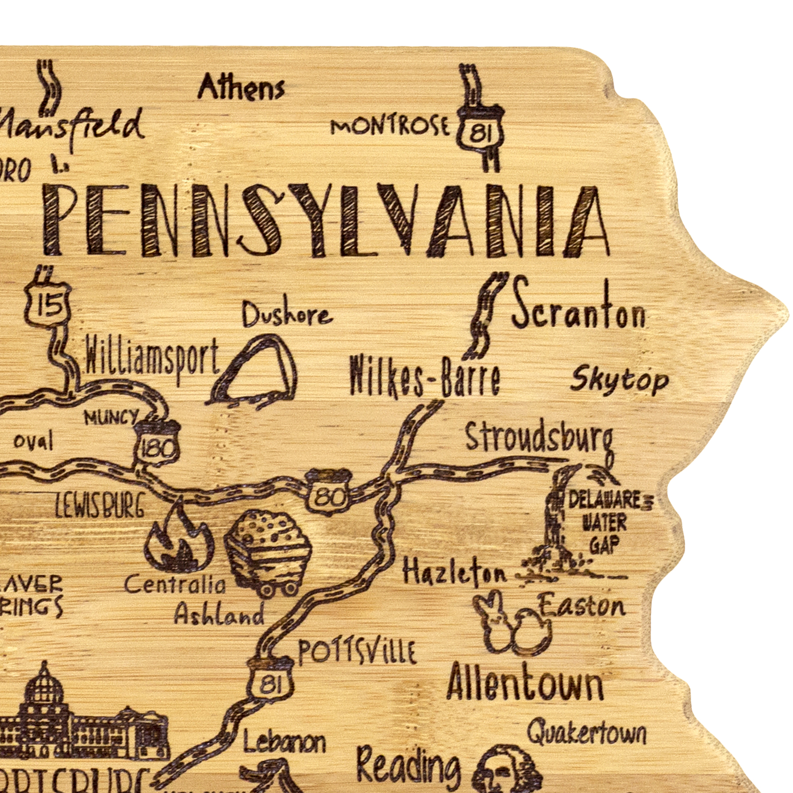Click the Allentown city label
click(524, 685)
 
